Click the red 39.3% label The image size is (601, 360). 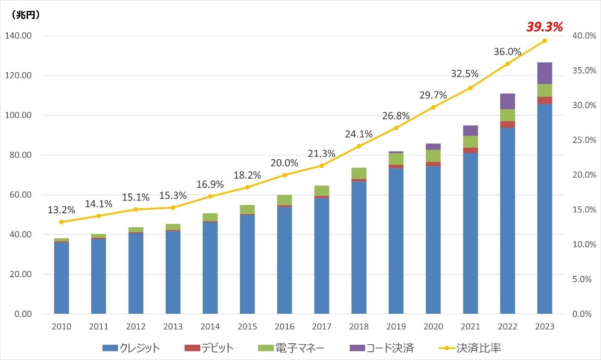tap(544, 27)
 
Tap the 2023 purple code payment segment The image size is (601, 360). tap(545, 73)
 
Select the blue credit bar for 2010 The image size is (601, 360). tap(62, 278)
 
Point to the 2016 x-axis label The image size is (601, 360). tap(285, 327)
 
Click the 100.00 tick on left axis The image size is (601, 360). tap(17, 115)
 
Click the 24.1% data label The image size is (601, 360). tap(359, 134)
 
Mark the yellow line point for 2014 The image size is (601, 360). tap(210, 196)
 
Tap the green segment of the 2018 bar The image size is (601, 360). tap(359, 173)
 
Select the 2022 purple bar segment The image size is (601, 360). tap(508, 101)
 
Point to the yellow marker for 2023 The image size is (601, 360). tap(545, 41)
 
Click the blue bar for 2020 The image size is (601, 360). tap(433, 241)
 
